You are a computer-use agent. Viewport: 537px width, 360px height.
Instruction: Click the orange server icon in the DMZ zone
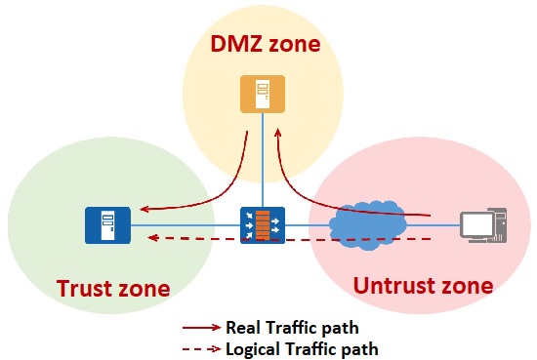click(x=263, y=94)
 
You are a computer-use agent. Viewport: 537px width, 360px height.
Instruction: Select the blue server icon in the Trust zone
click(x=107, y=225)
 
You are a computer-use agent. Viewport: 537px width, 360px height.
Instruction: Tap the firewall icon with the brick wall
click(x=263, y=225)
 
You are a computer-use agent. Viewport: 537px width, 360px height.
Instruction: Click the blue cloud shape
click(x=368, y=226)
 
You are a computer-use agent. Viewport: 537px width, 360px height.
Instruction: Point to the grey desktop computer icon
click(x=483, y=225)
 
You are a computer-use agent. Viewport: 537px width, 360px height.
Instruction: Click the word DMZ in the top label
click(x=236, y=44)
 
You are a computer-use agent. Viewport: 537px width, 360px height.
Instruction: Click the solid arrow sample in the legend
click(x=202, y=328)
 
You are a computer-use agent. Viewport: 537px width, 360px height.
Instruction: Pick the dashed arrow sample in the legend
click(x=202, y=349)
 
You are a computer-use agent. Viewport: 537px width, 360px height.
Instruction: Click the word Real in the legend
click(x=242, y=328)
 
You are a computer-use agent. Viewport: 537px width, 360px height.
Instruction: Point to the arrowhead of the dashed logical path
click(x=152, y=237)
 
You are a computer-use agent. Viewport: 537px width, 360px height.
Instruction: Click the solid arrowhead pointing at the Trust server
click(x=145, y=209)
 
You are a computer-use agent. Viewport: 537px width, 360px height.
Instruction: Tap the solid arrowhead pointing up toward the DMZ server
click(x=277, y=133)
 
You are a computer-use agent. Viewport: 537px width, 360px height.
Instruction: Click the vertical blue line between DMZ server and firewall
click(x=263, y=160)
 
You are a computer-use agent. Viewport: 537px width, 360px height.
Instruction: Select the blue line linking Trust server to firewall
click(x=186, y=225)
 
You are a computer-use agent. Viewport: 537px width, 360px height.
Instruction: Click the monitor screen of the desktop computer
click(x=476, y=223)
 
